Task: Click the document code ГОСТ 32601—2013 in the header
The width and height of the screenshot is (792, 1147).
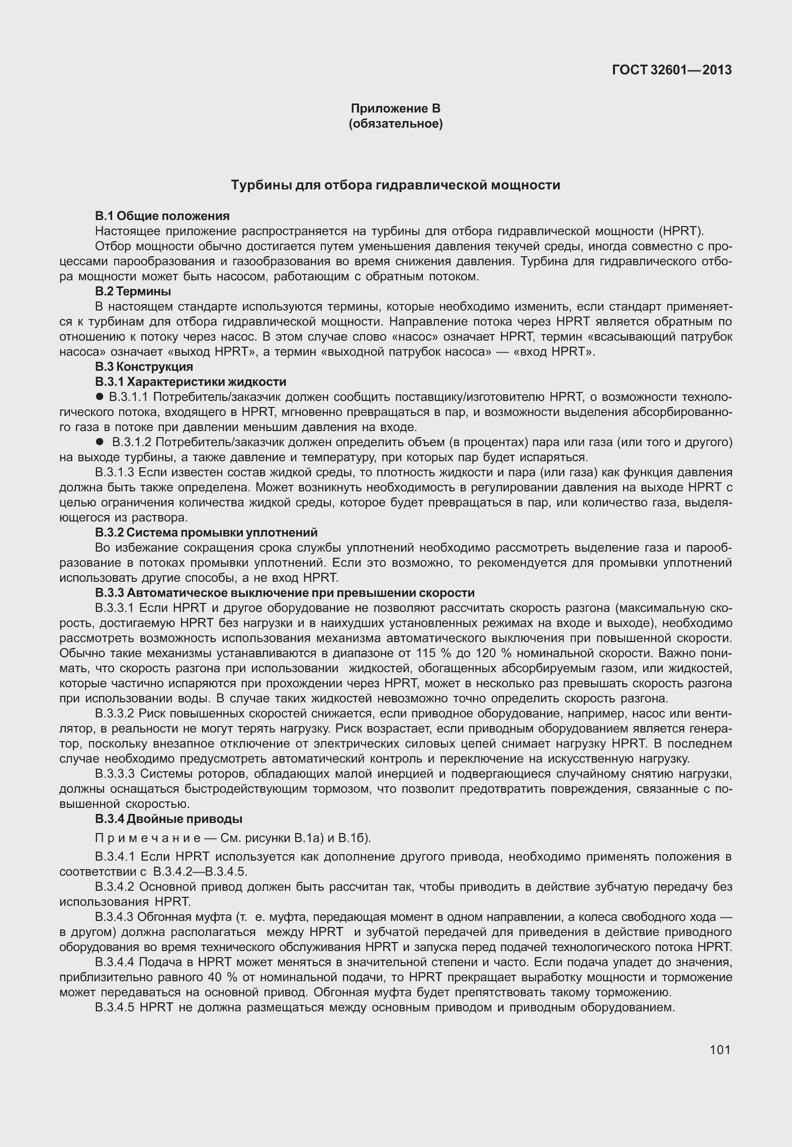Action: pyautogui.click(x=671, y=70)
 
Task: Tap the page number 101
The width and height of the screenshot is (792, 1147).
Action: pyautogui.click(x=720, y=1049)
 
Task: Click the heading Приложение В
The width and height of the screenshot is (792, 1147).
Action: pyautogui.click(x=395, y=109)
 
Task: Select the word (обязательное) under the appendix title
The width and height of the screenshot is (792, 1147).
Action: pyautogui.click(x=395, y=124)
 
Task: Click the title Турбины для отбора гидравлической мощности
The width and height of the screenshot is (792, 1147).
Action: pyautogui.click(x=395, y=185)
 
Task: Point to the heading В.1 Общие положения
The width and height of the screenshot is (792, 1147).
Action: pyautogui.click(x=162, y=216)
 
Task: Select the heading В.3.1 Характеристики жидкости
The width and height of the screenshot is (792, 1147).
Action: pyautogui.click(x=191, y=382)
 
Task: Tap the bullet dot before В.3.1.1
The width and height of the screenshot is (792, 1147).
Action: pyautogui.click(x=100, y=397)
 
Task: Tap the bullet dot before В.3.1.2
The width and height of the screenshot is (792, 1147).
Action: pyautogui.click(x=100, y=442)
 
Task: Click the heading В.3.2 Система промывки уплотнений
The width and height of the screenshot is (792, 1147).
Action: pyautogui.click(x=206, y=532)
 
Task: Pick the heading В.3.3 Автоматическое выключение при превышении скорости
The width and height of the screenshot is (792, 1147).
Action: pyautogui.click(x=285, y=593)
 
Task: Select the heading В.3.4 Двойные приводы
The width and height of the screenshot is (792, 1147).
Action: pyautogui.click(x=169, y=819)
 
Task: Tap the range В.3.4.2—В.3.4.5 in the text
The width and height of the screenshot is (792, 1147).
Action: pyautogui.click(x=200, y=871)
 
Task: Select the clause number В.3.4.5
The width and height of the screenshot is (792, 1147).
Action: pyautogui.click(x=115, y=1007)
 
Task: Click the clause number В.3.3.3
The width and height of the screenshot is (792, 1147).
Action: pyautogui.click(x=115, y=774)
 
